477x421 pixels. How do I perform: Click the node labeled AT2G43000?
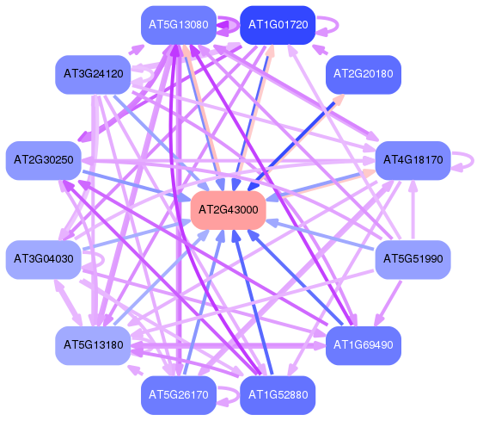[x=228, y=210]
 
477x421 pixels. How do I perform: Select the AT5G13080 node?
[x=179, y=25]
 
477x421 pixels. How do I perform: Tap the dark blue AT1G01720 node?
[x=278, y=25]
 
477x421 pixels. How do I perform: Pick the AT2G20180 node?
[x=364, y=74]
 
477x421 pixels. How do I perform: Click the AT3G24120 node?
[x=93, y=74]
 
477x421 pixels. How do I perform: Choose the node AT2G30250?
[x=44, y=160]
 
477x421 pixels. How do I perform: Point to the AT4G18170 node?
[x=413, y=160]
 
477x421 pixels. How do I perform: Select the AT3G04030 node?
[x=44, y=259]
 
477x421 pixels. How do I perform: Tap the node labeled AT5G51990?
[x=413, y=259]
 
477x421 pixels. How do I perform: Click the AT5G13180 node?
[x=93, y=345]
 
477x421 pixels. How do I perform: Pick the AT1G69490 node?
[x=364, y=345]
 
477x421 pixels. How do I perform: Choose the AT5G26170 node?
[x=179, y=395]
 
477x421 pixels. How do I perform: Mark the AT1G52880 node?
[x=278, y=395]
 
